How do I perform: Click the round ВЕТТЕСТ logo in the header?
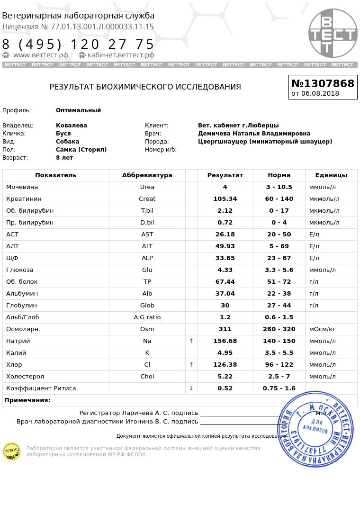coord(333,33)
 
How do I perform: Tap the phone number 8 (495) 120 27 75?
coord(78,45)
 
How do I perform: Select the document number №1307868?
coord(323,83)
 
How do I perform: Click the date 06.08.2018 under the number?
coord(320,93)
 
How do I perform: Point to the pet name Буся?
coord(63,134)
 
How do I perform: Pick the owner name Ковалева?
coord(72,126)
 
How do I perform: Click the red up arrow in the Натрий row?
coord(191,341)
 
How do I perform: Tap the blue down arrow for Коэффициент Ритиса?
coord(191,388)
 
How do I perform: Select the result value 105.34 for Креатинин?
coord(225,198)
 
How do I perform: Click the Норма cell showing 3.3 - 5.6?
coord(279,270)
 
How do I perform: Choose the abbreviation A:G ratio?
coord(147,317)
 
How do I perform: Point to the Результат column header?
coord(225,175)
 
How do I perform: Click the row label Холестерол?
coord(25,376)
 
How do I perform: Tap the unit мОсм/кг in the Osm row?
coord(322,329)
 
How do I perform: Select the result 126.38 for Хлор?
coord(225,364)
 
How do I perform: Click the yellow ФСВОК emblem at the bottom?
coord(12,451)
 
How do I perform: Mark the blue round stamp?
coord(315,429)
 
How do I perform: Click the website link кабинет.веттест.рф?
coord(120,55)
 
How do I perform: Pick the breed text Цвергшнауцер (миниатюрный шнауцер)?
coord(265,142)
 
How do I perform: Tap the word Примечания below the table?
coord(27,400)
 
